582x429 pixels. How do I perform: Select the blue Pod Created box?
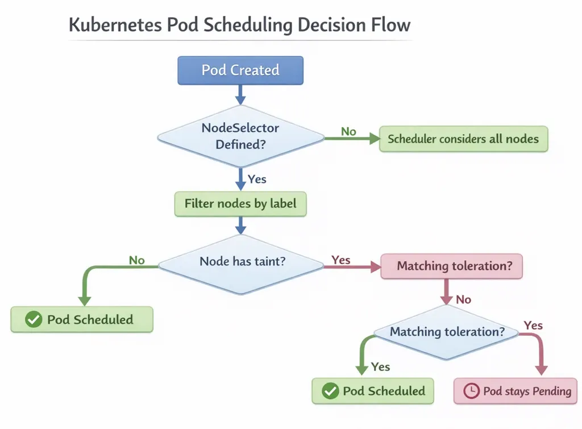(x=240, y=70)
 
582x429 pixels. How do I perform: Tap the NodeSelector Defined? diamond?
(x=240, y=136)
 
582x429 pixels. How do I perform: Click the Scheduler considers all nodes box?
(x=463, y=139)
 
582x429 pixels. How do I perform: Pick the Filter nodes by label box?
(x=240, y=203)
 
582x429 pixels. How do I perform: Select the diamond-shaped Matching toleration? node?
(x=447, y=332)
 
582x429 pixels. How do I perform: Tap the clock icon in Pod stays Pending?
(x=471, y=391)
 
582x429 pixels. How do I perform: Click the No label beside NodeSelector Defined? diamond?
(x=348, y=132)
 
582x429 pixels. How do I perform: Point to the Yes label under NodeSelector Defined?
(x=257, y=179)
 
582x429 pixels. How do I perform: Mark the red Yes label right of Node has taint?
(x=341, y=260)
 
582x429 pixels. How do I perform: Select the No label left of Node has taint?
(x=136, y=260)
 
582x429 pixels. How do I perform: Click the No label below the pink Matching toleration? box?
(x=463, y=299)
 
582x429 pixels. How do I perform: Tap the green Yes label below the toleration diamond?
(x=380, y=366)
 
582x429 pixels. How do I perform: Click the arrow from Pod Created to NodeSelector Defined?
(x=240, y=94)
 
